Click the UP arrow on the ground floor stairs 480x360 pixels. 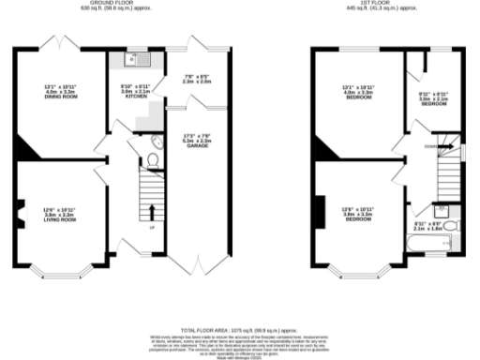pyautogui.click(x=149, y=201)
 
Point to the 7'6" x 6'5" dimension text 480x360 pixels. pyautogui.click(x=195, y=79)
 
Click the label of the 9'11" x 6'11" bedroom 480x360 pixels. pyautogui.click(x=433, y=104)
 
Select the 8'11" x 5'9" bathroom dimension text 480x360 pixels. pyautogui.click(x=427, y=226)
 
